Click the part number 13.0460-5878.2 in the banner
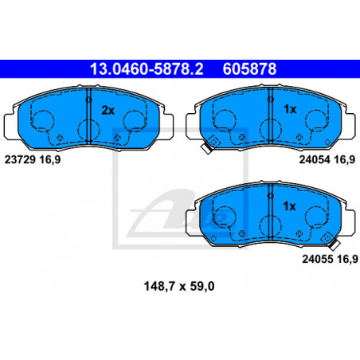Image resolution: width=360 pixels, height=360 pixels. [x=147, y=68]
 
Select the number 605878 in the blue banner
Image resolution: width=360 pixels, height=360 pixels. [x=249, y=68]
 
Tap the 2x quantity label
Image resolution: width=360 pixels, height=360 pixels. [x=108, y=110]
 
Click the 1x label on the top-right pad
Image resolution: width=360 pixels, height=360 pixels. [x=290, y=109]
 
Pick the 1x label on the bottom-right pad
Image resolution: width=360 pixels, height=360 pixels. [x=289, y=206]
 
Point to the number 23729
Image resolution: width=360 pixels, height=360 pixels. [x=20, y=159]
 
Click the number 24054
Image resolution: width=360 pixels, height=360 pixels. [x=315, y=159]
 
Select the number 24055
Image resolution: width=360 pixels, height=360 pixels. [x=318, y=259]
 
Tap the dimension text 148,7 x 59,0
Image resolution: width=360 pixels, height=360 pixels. [x=179, y=286]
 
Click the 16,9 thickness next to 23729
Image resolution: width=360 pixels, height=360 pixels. [x=50, y=160]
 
